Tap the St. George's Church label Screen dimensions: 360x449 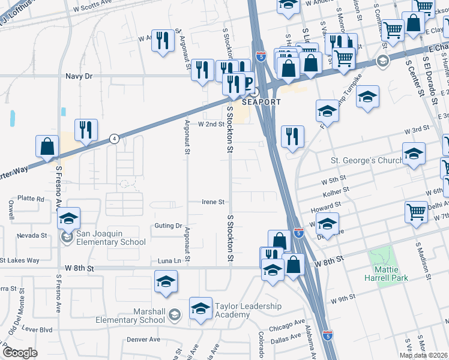pyautogui.click(x=366, y=160)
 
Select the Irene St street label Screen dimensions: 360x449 pyautogui.click(x=212, y=202)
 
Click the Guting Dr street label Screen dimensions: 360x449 pyautogui.click(x=169, y=226)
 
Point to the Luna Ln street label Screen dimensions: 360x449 pyautogui.click(x=169, y=260)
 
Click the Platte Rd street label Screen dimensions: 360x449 pyautogui.click(x=31, y=199)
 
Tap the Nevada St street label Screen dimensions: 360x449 pyautogui.click(x=32, y=235)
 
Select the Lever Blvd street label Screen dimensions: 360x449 pyautogui.click(x=38, y=329)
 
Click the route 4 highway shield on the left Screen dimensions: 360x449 pyautogui.click(x=115, y=138)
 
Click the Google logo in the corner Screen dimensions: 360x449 pyautogui.click(x=20, y=353)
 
